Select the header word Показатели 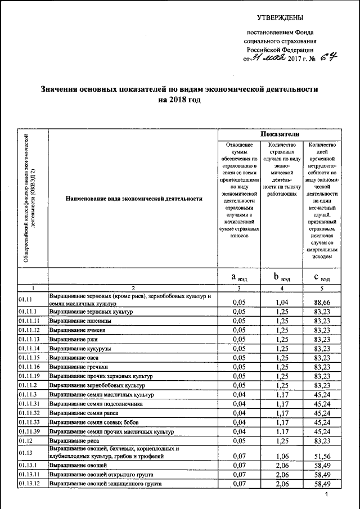pyautogui.click(x=280, y=134)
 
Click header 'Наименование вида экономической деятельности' pyautogui.click(x=133, y=199)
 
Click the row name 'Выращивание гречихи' pyautogui.click(x=79, y=367)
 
